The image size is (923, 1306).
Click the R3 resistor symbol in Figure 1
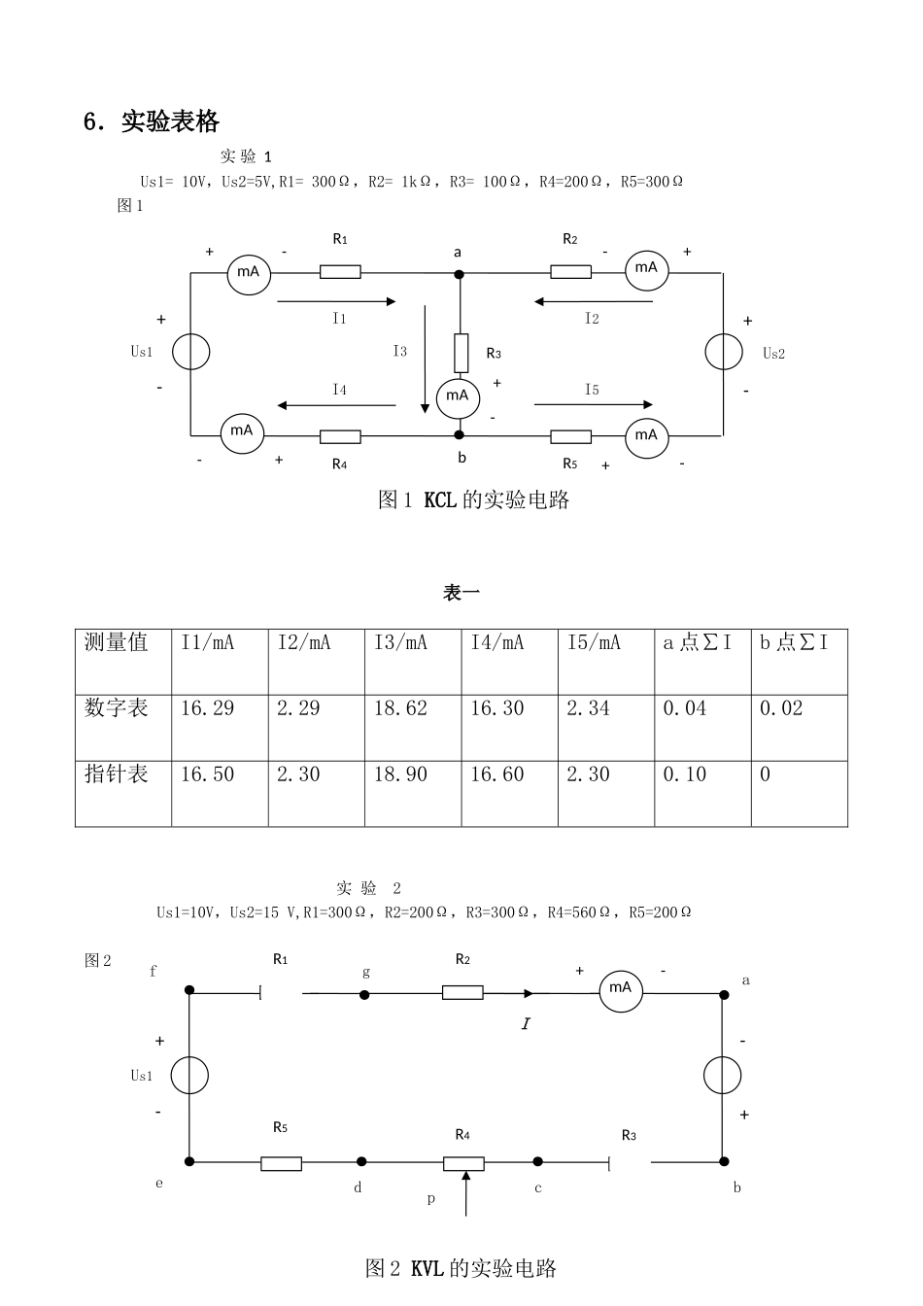pyautogui.click(x=461, y=354)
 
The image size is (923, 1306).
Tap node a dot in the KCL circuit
pyautogui.click(x=460, y=274)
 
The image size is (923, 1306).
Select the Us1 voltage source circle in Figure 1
pyautogui.click(x=191, y=352)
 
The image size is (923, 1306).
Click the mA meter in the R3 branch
pyautogui.click(x=459, y=398)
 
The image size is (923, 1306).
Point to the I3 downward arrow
pyautogui.click(x=425, y=359)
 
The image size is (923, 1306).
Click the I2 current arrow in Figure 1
pyautogui.click(x=594, y=301)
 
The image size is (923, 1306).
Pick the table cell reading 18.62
pyautogui.click(x=413, y=728)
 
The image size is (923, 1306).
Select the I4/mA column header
pyautogui.click(x=510, y=662)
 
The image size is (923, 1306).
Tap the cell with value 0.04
pyautogui.click(x=702, y=728)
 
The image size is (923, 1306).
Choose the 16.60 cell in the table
pyautogui.click(x=510, y=794)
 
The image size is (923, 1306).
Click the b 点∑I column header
pyautogui.click(x=800, y=662)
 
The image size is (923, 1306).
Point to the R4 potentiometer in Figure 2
pyautogui.click(x=463, y=1164)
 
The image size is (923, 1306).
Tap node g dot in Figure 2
pyautogui.click(x=364, y=995)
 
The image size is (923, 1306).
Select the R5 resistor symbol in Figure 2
pyautogui.click(x=281, y=1164)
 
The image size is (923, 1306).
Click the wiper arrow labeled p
pyautogui.click(x=466, y=1193)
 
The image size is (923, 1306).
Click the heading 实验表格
pyautogui.click(x=170, y=121)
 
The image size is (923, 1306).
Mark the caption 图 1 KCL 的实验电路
pyautogui.click(x=473, y=499)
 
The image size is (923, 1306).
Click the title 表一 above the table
pyautogui.click(x=461, y=593)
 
